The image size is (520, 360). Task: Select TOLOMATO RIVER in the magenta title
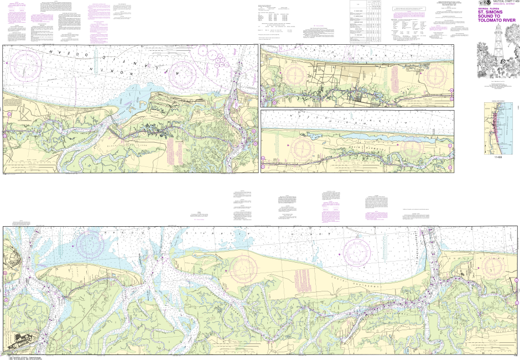(x=493, y=23)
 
